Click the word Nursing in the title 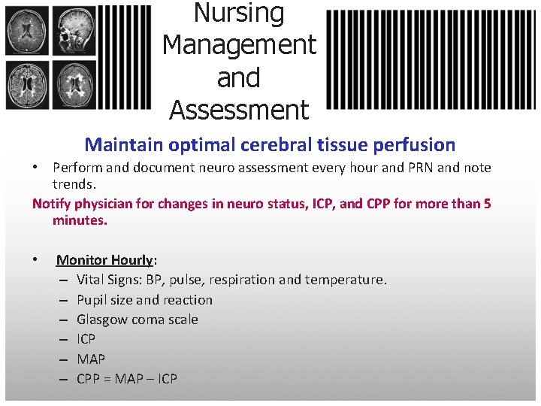click(x=239, y=13)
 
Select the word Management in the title click(x=239, y=45)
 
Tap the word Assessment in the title click(x=239, y=111)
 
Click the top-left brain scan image click(x=27, y=31)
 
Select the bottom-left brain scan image click(x=27, y=84)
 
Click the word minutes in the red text click(x=79, y=220)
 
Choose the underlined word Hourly click(x=131, y=260)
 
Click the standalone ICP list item click(x=86, y=339)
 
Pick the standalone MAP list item click(x=91, y=359)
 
